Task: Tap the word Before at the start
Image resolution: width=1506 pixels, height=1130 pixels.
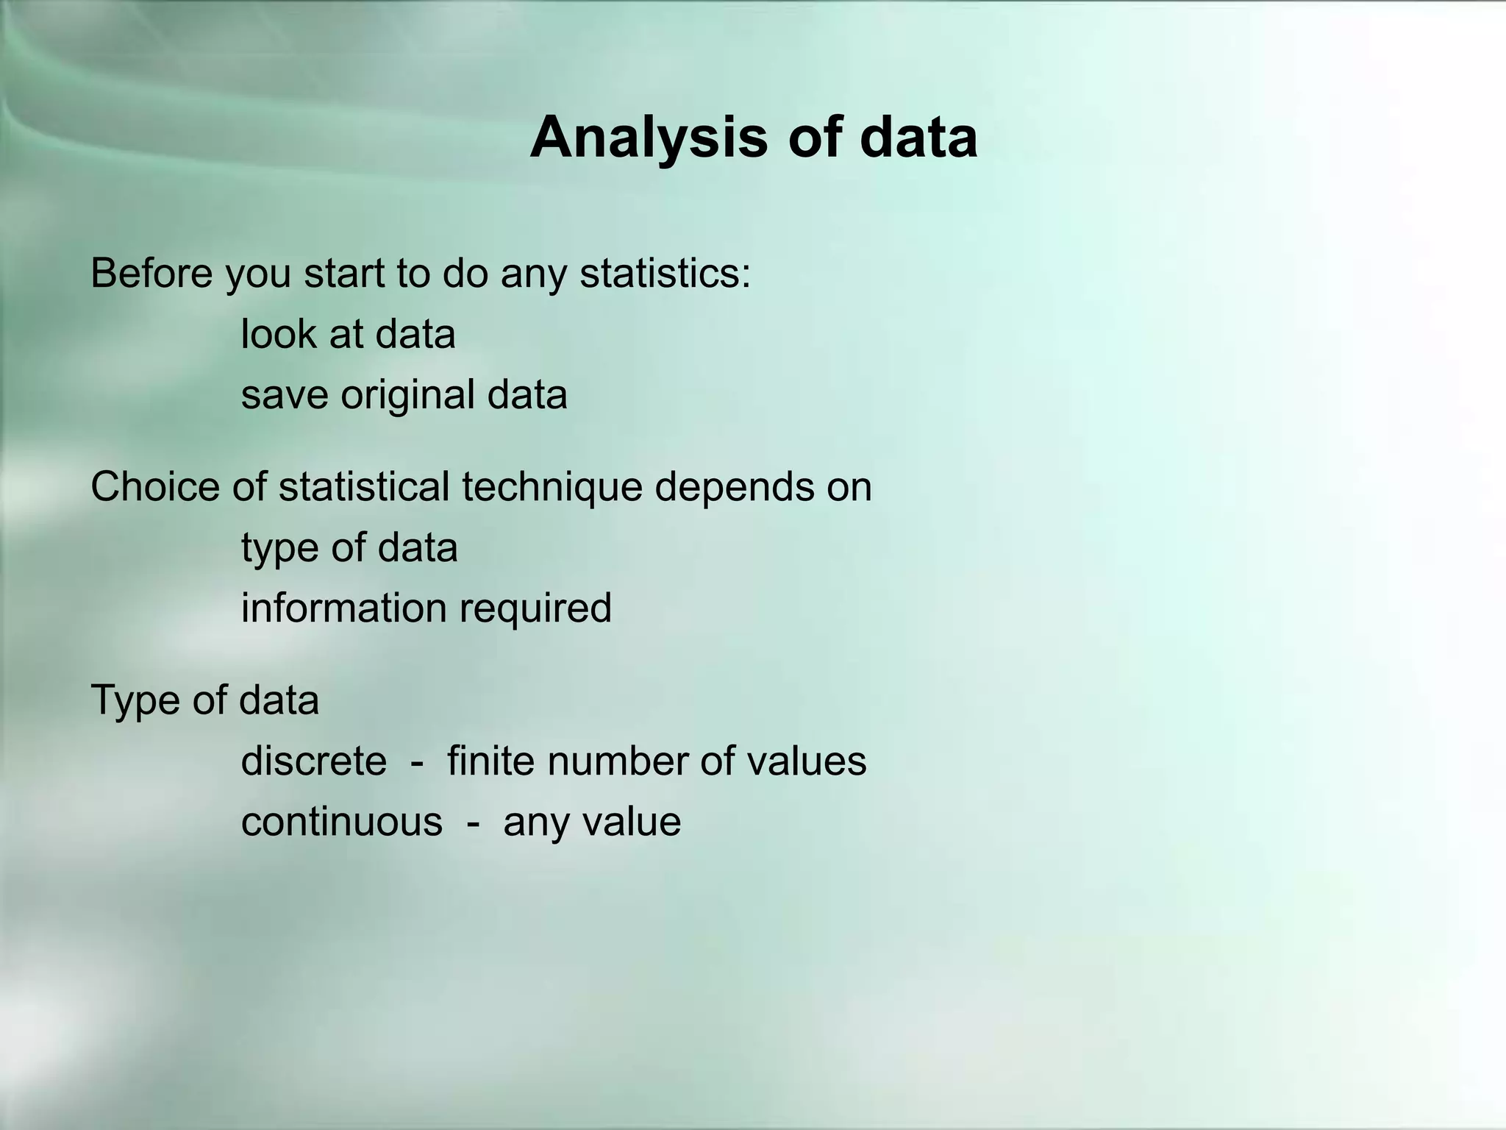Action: tap(151, 273)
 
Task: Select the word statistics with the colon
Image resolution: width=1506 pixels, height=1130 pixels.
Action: tap(665, 273)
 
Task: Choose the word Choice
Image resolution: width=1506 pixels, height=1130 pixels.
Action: tap(155, 487)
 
